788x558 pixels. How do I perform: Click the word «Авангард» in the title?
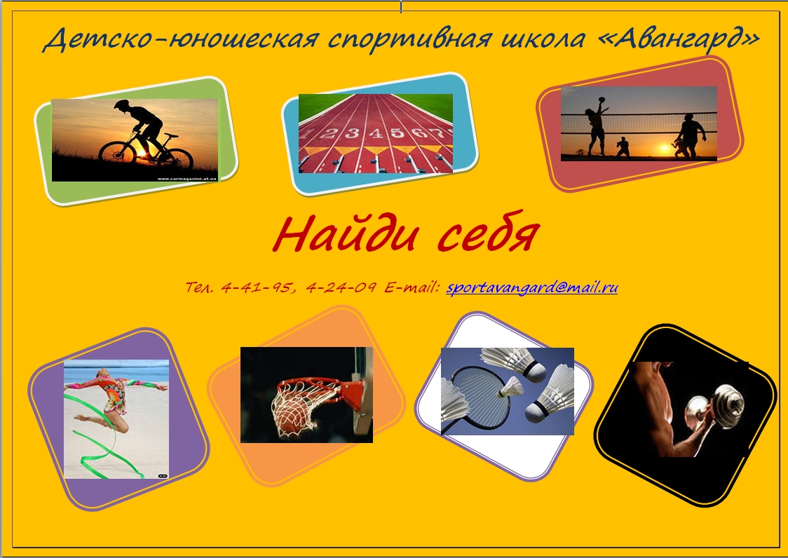(x=679, y=39)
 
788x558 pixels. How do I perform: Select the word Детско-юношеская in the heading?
(x=181, y=39)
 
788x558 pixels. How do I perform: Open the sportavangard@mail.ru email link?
(x=531, y=287)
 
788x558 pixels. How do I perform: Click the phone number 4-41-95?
(x=256, y=287)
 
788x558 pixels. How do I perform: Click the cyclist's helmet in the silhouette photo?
(x=122, y=104)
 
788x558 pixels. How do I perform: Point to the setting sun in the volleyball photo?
(x=665, y=148)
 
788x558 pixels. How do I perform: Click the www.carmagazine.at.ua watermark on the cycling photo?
(x=187, y=178)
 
